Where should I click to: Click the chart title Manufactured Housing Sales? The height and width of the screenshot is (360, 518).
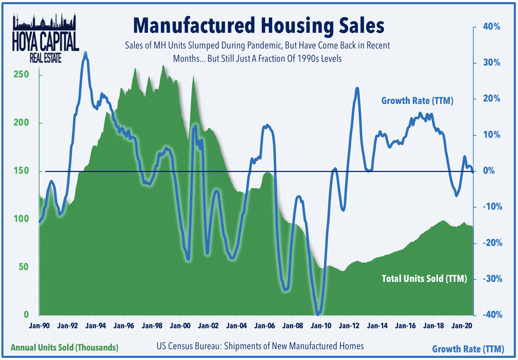(x=259, y=26)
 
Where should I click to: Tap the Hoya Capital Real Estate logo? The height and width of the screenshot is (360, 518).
(x=45, y=38)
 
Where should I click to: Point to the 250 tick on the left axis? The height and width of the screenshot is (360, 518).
(x=21, y=74)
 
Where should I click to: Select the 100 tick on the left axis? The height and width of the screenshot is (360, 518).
(x=21, y=219)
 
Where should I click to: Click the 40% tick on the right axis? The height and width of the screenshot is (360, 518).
(x=491, y=27)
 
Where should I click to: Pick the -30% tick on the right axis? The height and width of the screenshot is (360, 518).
(x=493, y=279)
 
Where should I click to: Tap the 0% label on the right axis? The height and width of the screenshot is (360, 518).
(x=489, y=171)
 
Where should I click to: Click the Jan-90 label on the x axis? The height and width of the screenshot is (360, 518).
(x=39, y=326)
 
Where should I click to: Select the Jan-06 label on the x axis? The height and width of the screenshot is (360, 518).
(x=265, y=326)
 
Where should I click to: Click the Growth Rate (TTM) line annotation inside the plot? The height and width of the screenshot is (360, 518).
(x=417, y=101)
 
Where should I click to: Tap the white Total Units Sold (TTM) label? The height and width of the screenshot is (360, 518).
(x=424, y=279)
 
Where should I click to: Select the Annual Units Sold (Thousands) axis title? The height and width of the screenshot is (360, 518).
(x=65, y=347)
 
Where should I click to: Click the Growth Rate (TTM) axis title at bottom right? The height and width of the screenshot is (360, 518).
(x=468, y=349)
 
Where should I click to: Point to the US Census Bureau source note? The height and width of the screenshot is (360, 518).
(x=260, y=346)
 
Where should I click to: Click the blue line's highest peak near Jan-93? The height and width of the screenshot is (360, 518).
(x=85, y=53)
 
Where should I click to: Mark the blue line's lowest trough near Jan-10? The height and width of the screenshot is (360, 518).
(x=318, y=314)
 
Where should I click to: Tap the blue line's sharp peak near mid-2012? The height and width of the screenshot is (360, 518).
(x=357, y=89)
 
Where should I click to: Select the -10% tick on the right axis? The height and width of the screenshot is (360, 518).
(x=493, y=207)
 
